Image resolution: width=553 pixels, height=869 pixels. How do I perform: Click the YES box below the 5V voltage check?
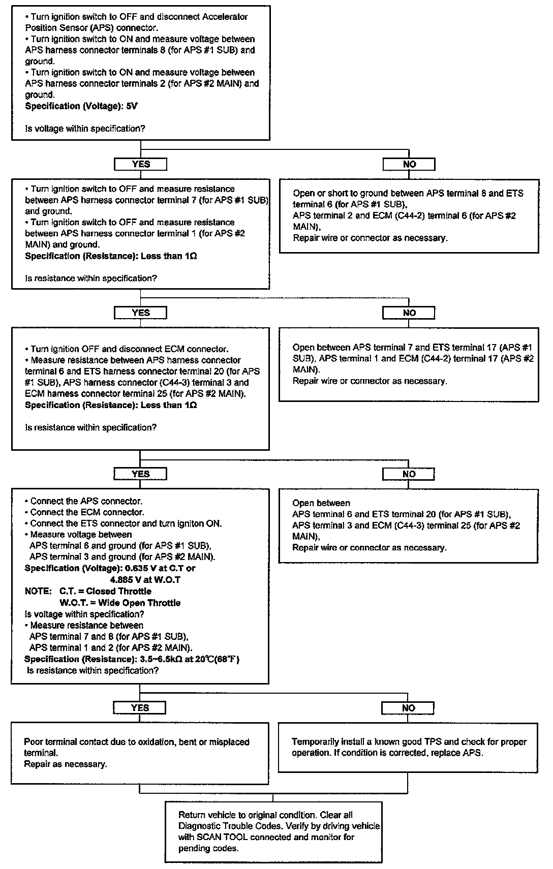(141, 164)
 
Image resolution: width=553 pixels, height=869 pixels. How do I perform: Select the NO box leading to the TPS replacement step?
(409, 707)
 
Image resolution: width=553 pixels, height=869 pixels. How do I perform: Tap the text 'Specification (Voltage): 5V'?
(81, 106)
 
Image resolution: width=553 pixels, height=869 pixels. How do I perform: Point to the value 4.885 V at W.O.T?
(145, 580)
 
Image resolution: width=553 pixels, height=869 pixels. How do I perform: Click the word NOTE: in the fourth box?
(38, 592)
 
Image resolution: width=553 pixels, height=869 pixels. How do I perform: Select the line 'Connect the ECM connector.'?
(87, 512)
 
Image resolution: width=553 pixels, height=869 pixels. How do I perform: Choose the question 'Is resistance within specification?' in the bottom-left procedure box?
(93, 671)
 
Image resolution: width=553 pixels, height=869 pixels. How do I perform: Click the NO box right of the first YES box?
(409, 164)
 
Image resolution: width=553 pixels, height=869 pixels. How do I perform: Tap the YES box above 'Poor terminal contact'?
(140, 707)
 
